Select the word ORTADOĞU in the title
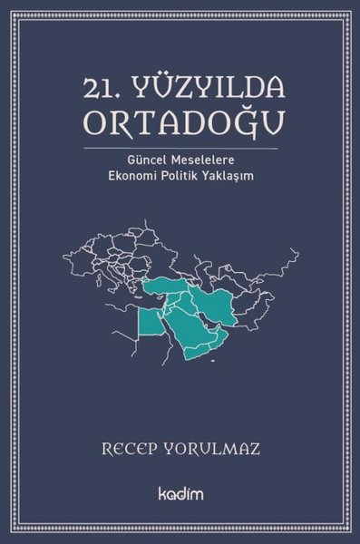click(x=180, y=121)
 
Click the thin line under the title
click(x=180, y=145)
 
